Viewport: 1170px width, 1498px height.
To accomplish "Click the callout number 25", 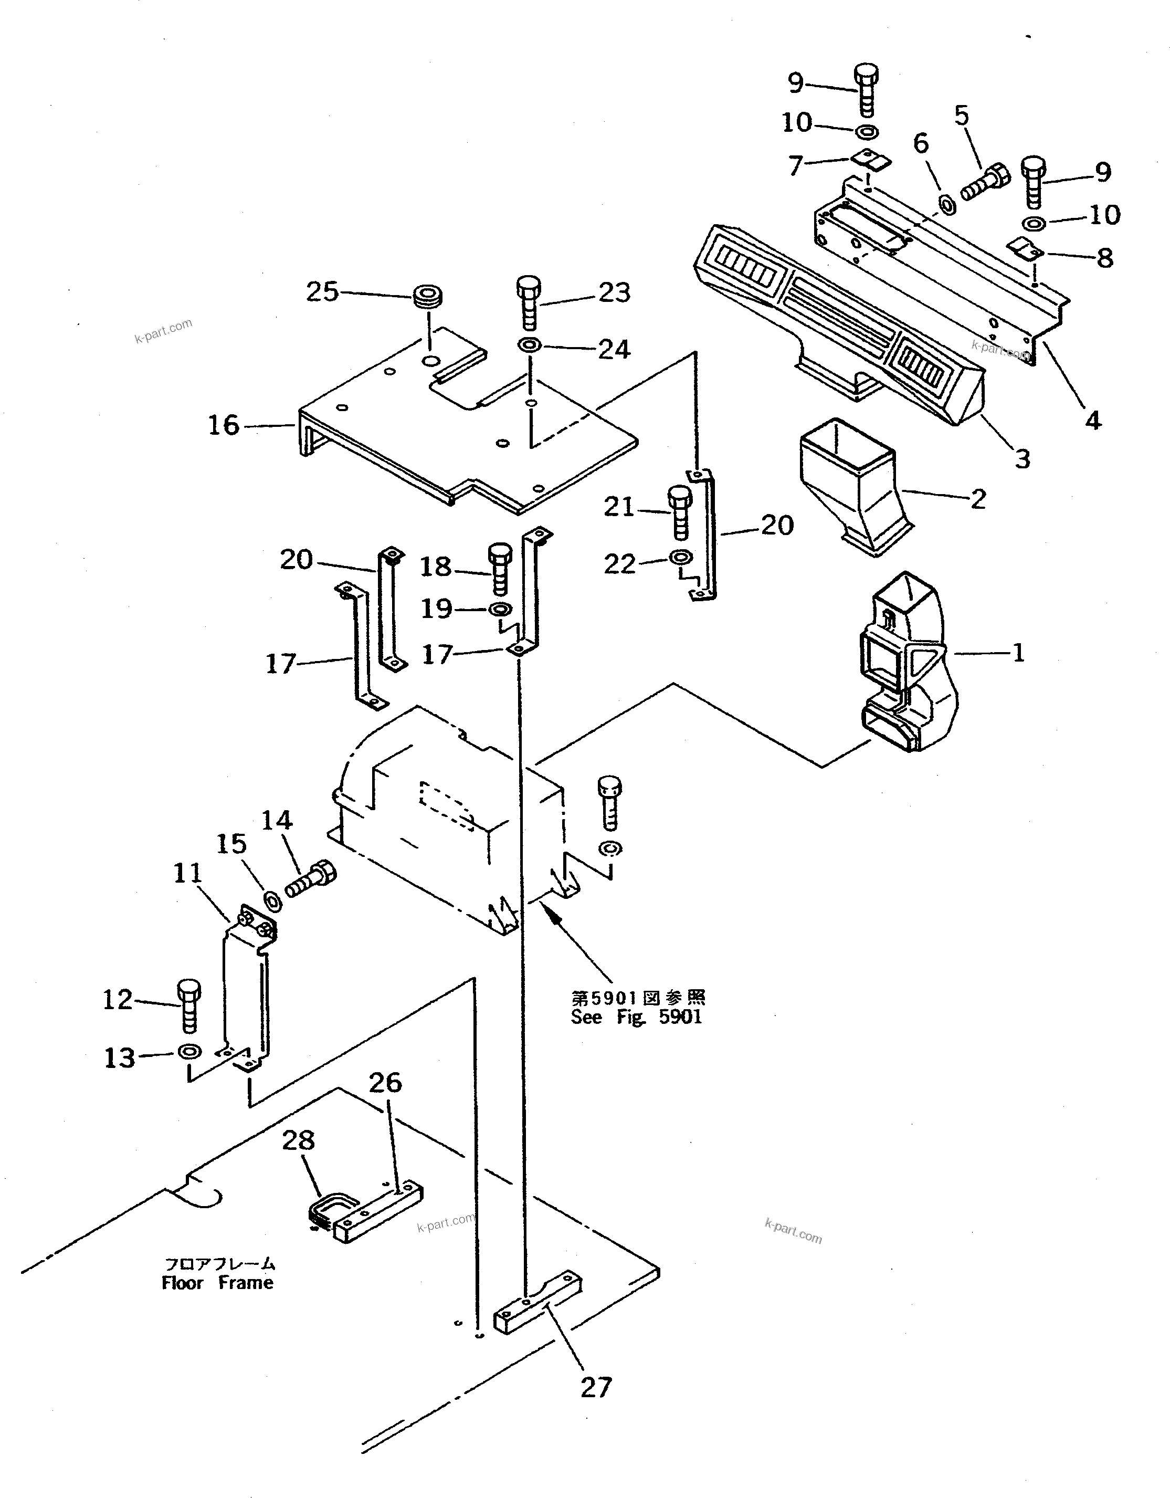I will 322,292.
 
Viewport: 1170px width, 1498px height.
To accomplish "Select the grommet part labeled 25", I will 427,298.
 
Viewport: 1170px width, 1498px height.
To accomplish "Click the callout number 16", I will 224,425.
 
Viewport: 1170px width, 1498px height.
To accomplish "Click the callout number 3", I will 1023,459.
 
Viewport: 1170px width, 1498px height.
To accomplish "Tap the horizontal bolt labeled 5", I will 986,182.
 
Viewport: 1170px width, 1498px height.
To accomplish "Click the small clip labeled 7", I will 870,160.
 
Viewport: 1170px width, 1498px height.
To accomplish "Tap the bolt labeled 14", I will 310,879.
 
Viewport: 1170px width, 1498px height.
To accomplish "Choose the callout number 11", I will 187,874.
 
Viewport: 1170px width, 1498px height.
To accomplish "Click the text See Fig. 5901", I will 636,1017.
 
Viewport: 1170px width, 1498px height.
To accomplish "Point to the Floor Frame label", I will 218,1283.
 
